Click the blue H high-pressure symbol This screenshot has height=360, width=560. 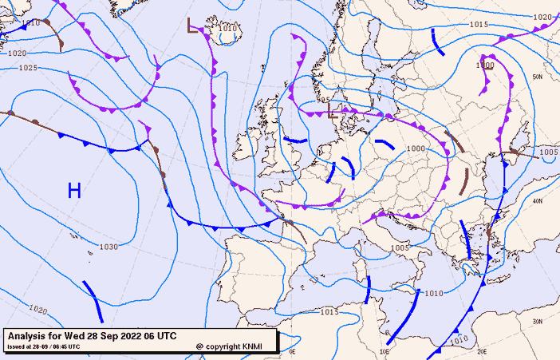point(74,190)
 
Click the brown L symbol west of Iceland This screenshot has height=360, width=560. point(192,26)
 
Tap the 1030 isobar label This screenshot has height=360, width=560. point(108,247)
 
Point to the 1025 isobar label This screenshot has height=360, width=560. point(27,68)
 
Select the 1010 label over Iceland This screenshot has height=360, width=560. point(228,29)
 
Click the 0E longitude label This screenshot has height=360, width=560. point(292,350)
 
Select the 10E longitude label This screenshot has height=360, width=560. point(385,350)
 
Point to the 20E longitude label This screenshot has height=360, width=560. point(481,350)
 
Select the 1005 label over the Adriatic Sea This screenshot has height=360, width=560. point(400,248)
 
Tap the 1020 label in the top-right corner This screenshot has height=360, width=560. point(542,17)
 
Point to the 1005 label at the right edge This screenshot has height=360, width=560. point(548,152)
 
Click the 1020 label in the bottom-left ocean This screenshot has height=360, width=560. point(37,309)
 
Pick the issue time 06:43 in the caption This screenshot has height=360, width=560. point(68,346)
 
